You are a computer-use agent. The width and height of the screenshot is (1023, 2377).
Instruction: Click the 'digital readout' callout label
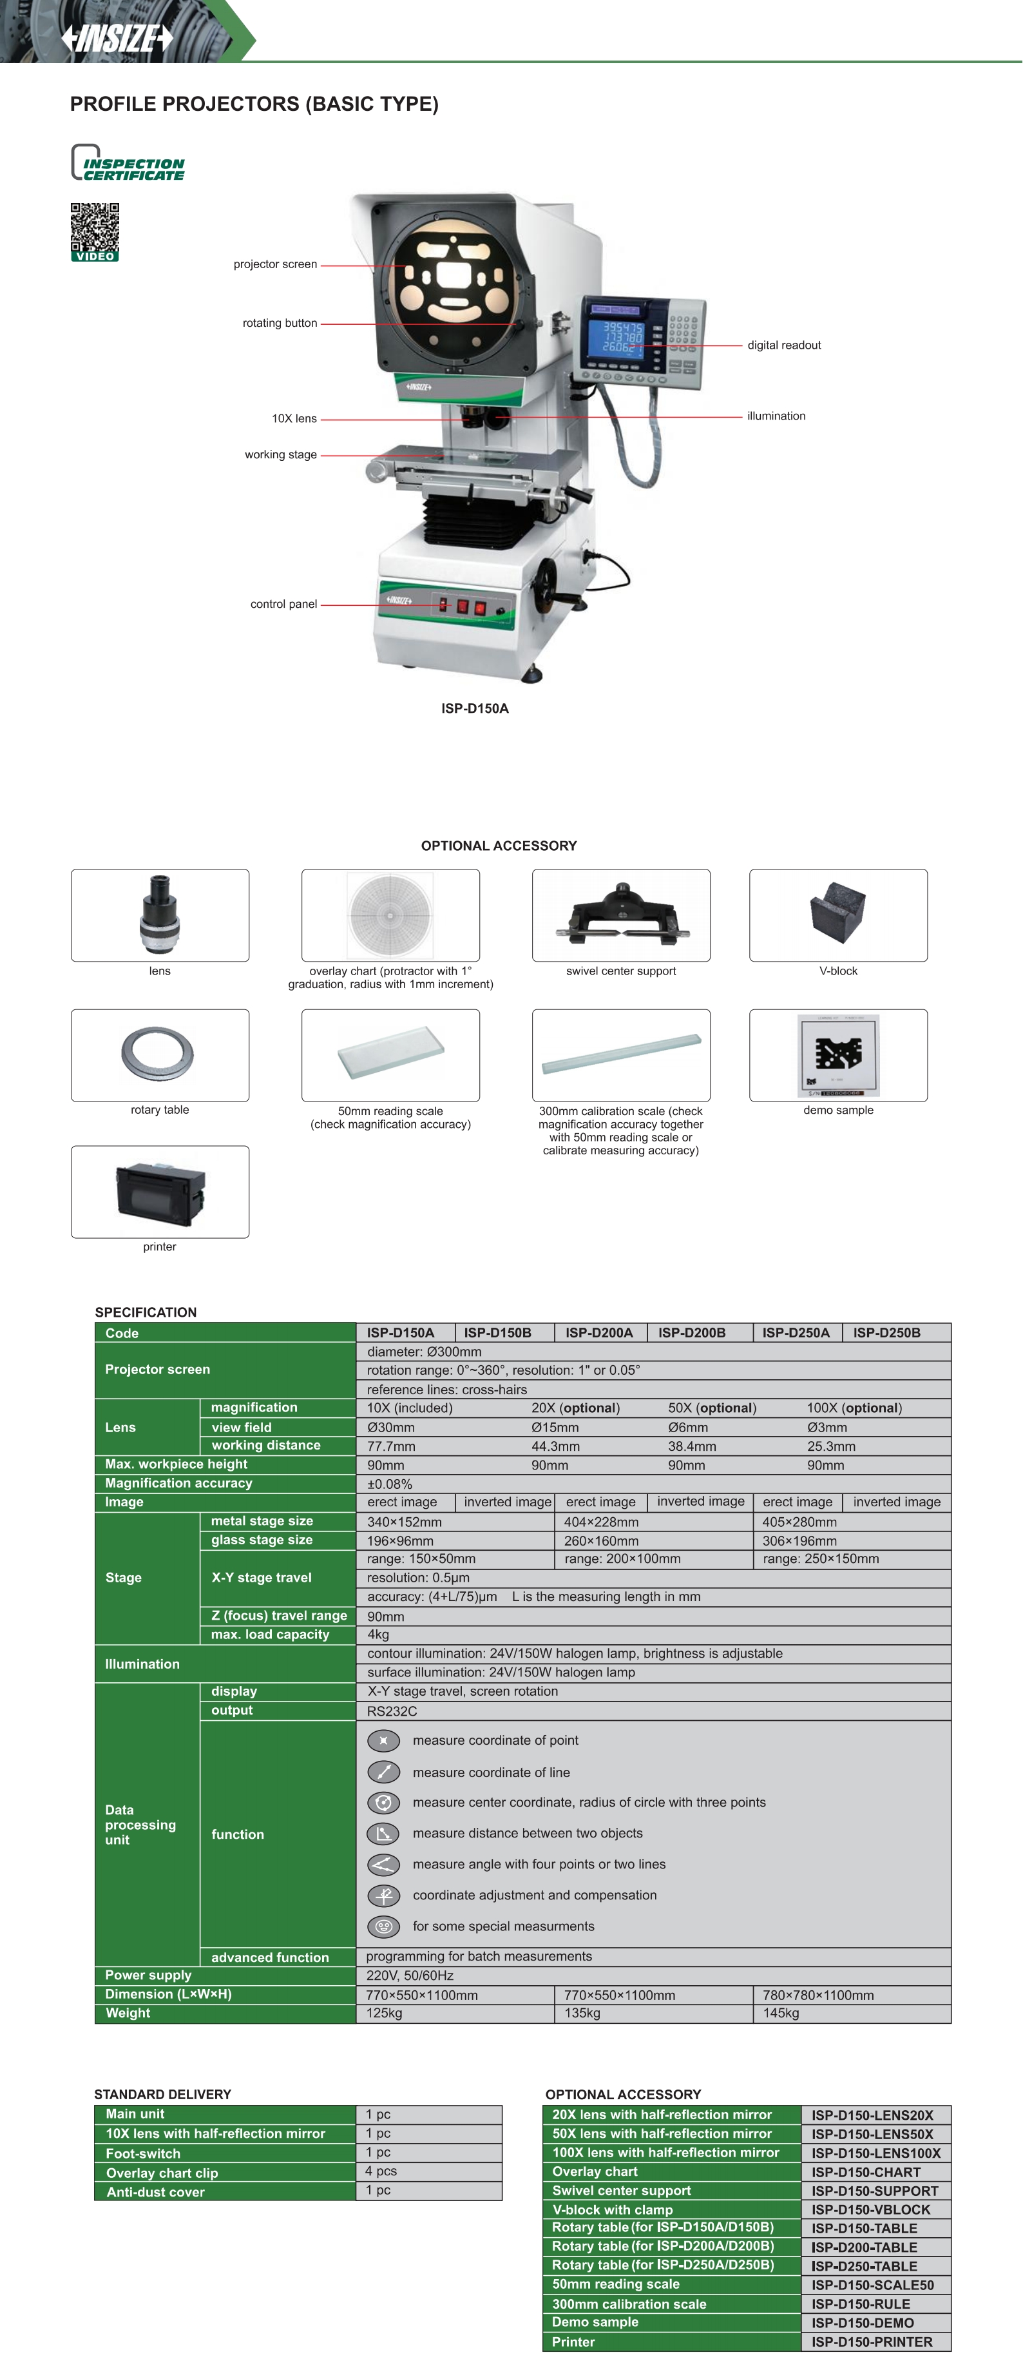(x=783, y=345)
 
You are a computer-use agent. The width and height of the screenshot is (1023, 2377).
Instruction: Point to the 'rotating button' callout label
(x=280, y=323)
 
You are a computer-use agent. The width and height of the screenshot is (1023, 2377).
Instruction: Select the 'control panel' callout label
(x=283, y=605)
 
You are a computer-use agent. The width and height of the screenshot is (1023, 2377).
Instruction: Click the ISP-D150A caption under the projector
(x=474, y=709)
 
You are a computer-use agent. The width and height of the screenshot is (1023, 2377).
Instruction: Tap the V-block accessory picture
(x=837, y=915)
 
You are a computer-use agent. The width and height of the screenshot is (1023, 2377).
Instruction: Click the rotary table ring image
(x=158, y=1054)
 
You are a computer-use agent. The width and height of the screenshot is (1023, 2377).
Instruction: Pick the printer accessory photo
(x=160, y=1191)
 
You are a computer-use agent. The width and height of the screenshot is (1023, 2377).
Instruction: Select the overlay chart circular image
(x=390, y=915)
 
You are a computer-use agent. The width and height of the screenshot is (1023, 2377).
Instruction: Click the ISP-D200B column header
(x=692, y=1332)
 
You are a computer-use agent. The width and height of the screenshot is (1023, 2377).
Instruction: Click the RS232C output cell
(x=392, y=1711)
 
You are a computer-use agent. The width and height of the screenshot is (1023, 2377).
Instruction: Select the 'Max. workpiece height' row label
(x=176, y=1464)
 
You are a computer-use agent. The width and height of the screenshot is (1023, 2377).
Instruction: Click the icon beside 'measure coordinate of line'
(x=384, y=1772)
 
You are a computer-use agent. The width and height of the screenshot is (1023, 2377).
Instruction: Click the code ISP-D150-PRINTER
(x=872, y=2342)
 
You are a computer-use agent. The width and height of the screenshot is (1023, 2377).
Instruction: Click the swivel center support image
(x=621, y=915)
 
